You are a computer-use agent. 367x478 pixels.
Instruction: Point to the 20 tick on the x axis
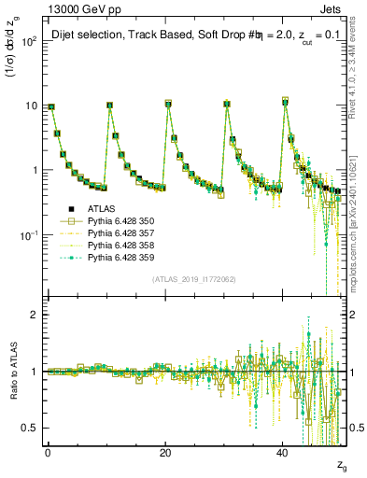tap(165, 453)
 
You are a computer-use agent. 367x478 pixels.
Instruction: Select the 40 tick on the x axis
tap(283, 453)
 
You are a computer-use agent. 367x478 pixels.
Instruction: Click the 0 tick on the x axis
tap(48, 453)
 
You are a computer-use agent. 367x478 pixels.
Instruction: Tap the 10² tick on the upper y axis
tap(30, 41)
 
